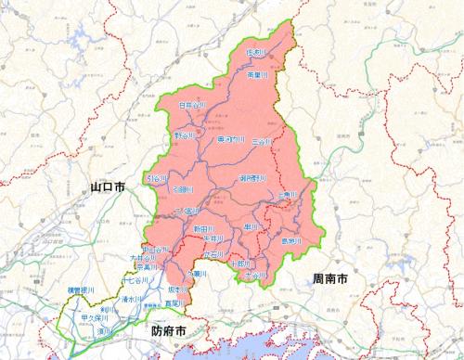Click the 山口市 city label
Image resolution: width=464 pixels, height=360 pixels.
click(x=108, y=187)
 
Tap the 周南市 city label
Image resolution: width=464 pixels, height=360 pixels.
click(x=330, y=277)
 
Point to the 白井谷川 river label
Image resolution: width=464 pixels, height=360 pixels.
click(x=192, y=106)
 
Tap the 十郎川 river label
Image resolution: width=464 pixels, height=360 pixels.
click(x=238, y=264)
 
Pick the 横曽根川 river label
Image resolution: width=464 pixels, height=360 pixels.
click(x=82, y=291)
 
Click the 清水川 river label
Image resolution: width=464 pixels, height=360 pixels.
click(x=135, y=299)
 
